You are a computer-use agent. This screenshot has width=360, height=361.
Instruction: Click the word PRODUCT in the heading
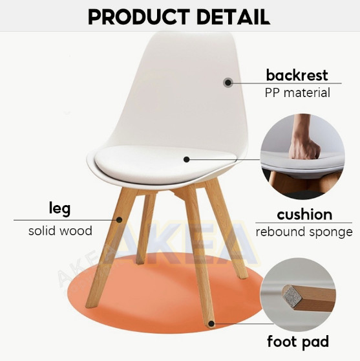(x=139, y=17)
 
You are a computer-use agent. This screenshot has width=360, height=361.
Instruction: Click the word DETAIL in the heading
(x=233, y=17)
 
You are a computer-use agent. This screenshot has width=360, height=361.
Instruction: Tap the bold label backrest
(x=297, y=75)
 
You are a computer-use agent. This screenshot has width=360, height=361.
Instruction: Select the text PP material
(x=297, y=93)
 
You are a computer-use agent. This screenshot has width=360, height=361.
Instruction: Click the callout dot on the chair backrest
(x=228, y=82)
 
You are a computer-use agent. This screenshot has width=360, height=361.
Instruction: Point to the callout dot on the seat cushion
(x=187, y=159)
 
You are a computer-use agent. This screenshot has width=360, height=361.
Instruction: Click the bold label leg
(x=59, y=209)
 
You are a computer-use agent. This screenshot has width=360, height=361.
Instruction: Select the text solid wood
(x=60, y=231)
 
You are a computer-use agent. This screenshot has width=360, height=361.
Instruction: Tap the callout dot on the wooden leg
(x=119, y=220)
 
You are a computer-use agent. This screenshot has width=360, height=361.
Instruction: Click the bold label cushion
(x=304, y=215)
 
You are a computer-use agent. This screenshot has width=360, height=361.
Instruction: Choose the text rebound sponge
(x=304, y=232)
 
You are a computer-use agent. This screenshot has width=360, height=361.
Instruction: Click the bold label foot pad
(x=298, y=342)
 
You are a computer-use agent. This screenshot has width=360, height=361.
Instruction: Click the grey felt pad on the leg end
(x=292, y=295)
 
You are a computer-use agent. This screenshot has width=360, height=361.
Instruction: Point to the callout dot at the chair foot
(x=211, y=324)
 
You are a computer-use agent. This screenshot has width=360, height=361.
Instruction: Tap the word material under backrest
(x=307, y=93)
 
